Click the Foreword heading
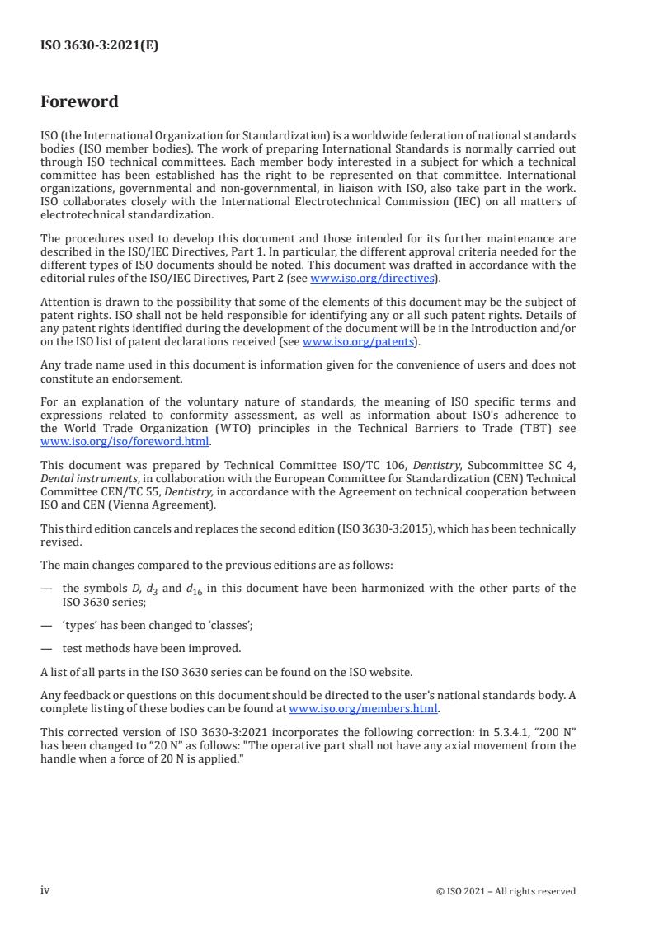coord(79,102)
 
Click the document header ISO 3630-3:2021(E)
coord(99,46)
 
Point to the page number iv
coord(45,890)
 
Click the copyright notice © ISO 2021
coord(506,890)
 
